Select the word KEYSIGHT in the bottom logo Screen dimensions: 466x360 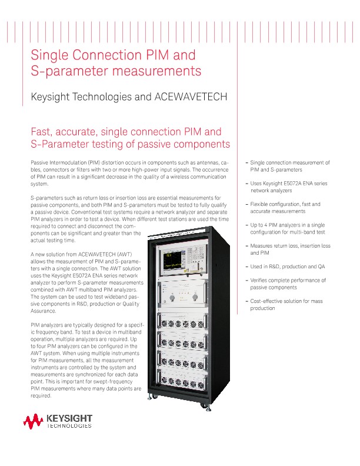click(x=68, y=418)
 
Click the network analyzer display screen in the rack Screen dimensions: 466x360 click(x=181, y=257)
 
